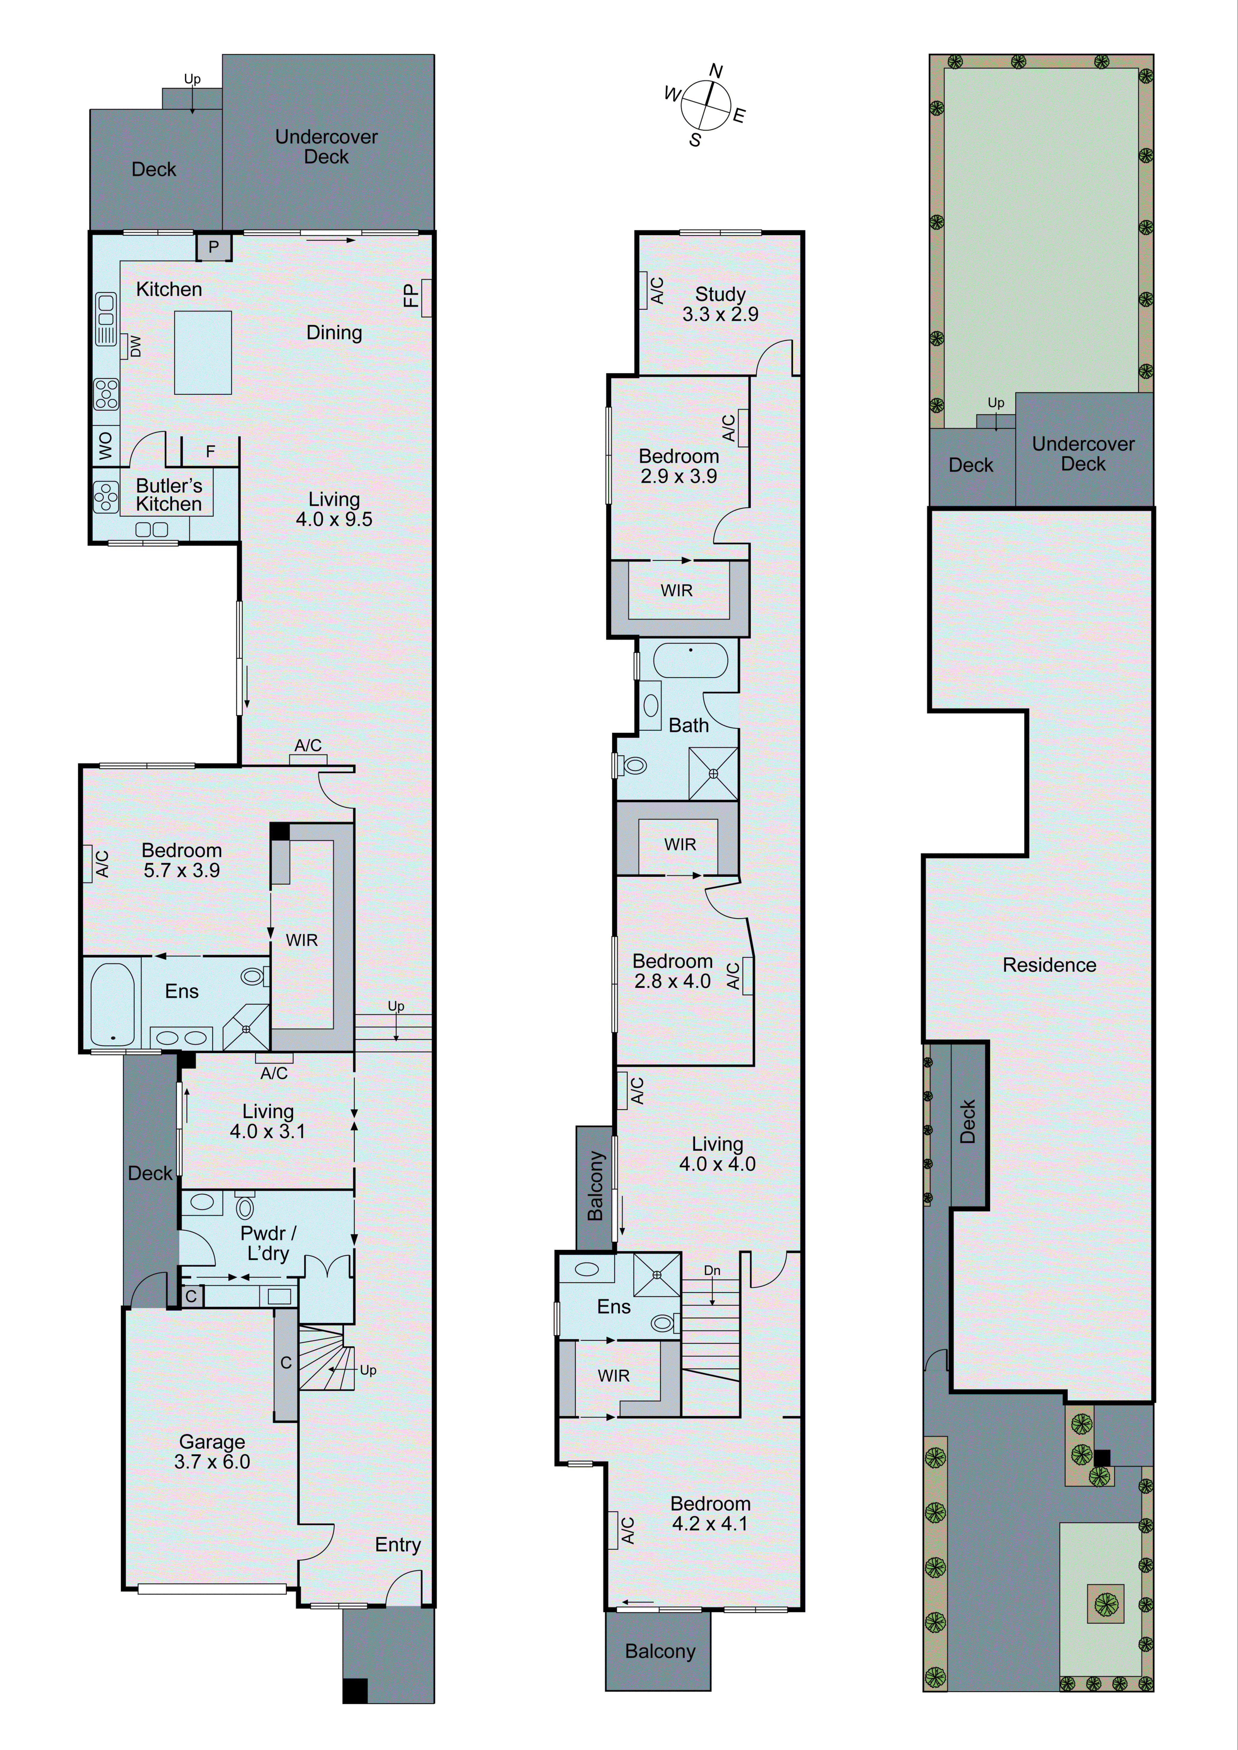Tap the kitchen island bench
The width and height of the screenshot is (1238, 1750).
203,352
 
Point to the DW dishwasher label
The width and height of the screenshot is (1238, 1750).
135,346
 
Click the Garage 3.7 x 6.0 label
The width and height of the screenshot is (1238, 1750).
212,1451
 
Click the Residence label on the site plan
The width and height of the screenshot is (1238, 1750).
1049,965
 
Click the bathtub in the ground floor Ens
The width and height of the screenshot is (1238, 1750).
112,1004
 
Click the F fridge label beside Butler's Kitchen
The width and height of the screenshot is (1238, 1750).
210,452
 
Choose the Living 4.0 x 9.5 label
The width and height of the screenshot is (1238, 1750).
334,509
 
